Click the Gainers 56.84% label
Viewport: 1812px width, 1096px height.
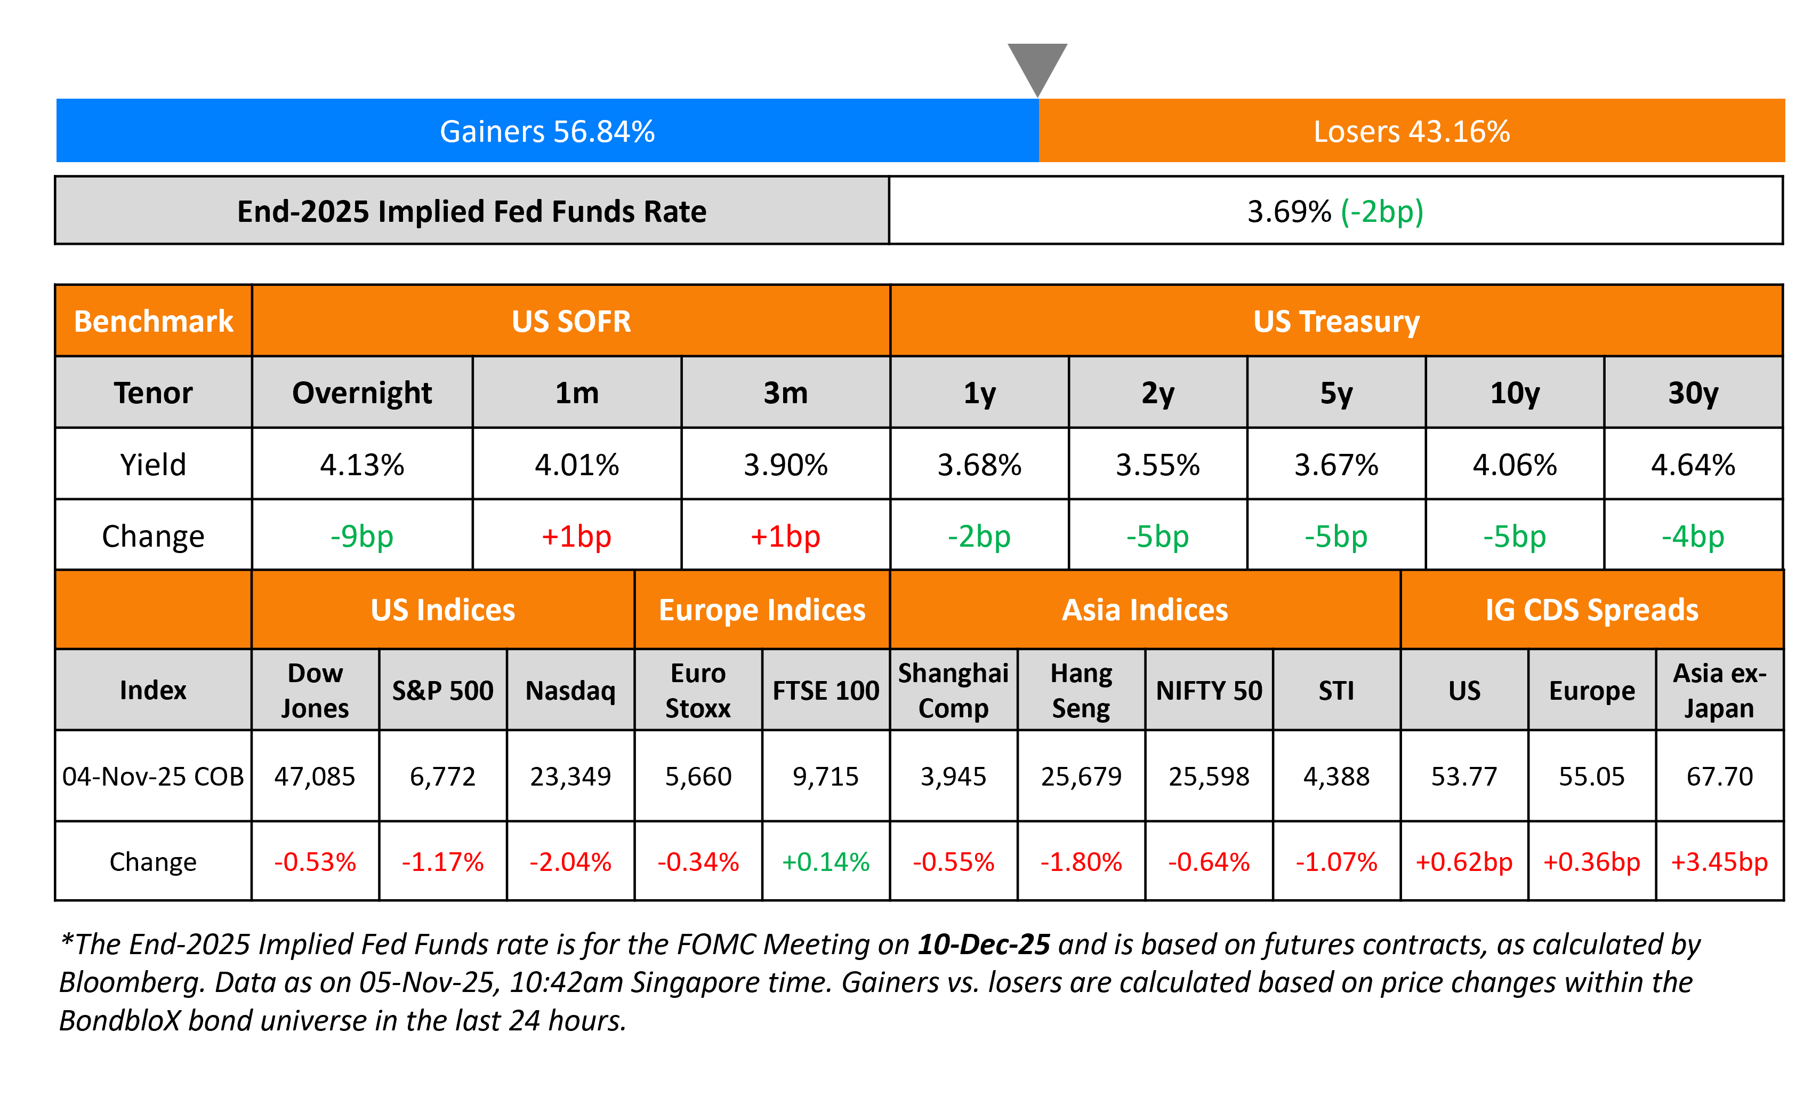point(547,132)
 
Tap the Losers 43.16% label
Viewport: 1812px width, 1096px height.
point(1411,132)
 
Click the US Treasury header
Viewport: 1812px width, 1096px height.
point(1336,322)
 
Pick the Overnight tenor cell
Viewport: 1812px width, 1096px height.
point(362,393)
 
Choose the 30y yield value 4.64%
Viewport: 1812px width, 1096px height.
point(1693,465)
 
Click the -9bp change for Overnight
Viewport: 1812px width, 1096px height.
point(362,536)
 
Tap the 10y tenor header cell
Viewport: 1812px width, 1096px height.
point(1514,393)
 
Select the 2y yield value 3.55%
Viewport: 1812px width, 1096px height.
point(1157,465)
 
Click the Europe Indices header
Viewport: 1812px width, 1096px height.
point(762,610)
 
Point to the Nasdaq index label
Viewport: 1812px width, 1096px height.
point(570,691)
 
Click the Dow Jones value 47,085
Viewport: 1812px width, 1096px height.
point(315,776)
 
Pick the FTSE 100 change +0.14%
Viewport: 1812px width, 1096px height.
point(825,861)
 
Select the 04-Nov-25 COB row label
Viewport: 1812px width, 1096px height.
point(153,776)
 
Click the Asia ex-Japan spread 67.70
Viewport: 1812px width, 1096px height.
point(1719,776)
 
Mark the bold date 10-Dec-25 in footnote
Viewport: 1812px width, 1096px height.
point(983,945)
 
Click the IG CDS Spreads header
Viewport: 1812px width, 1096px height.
point(1591,610)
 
